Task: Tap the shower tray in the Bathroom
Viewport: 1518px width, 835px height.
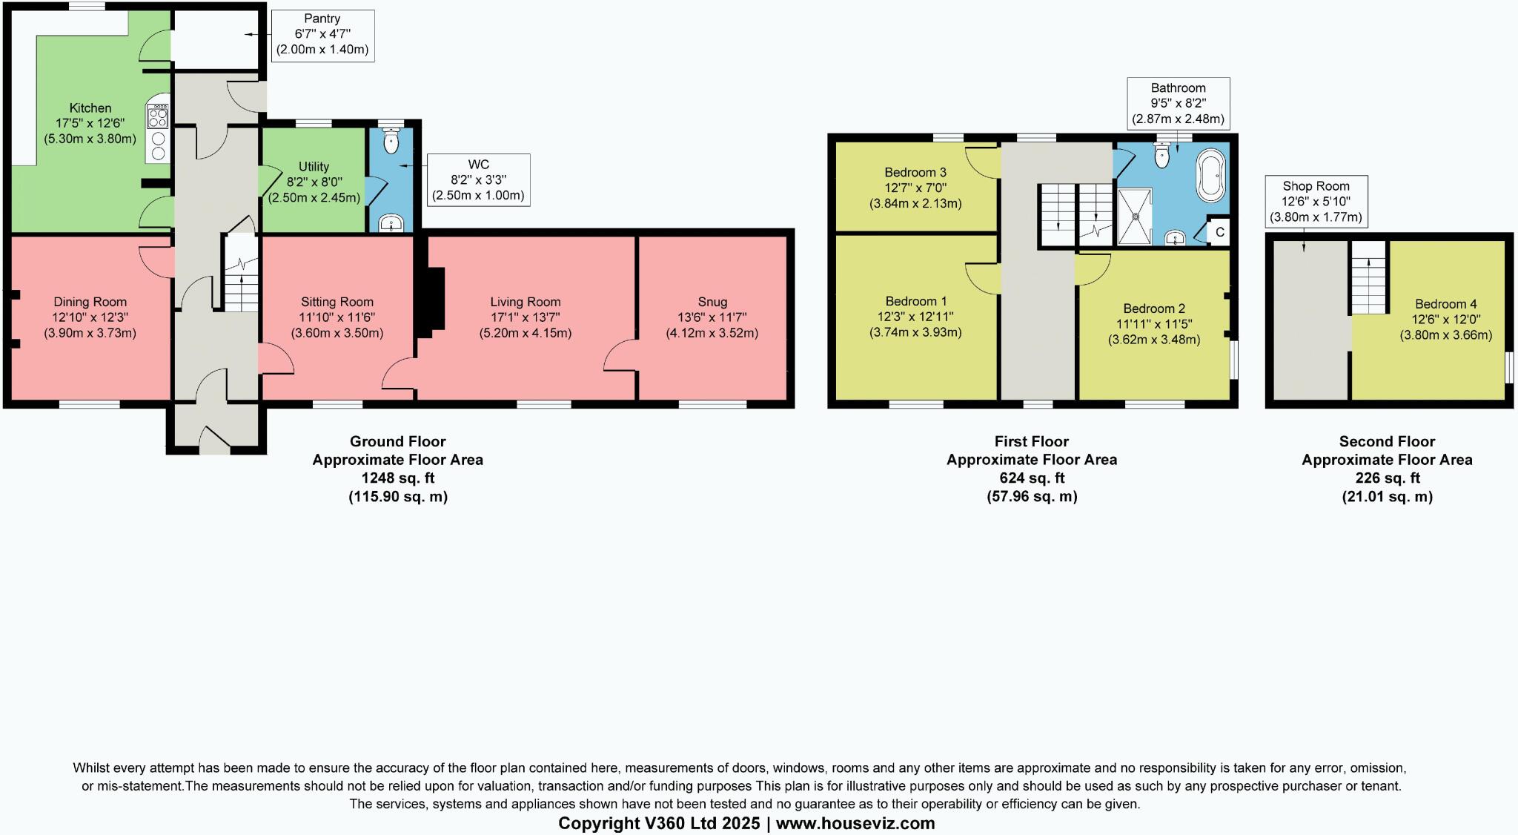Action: pos(1135,217)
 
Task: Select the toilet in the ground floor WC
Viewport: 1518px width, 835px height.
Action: pos(391,139)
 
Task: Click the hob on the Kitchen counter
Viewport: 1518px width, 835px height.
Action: pos(159,116)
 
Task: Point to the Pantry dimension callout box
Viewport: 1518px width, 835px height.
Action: pos(322,35)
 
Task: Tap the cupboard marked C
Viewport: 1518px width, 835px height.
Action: pos(1219,232)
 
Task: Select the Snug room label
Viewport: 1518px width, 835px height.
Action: pos(712,302)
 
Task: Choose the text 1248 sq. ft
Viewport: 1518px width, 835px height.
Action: pos(397,478)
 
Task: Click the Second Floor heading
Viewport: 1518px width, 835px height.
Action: pos(1387,441)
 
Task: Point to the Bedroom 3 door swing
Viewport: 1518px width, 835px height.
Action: pos(983,163)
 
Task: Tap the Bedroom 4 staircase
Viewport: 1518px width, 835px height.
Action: pos(1368,278)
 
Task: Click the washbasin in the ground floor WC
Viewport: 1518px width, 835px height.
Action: pos(391,222)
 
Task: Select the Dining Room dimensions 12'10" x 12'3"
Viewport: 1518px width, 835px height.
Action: pos(90,317)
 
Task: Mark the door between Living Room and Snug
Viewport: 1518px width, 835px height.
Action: pos(620,356)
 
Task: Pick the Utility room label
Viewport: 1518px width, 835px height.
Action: pos(314,167)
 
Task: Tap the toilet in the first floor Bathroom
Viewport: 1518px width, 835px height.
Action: pos(1162,154)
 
